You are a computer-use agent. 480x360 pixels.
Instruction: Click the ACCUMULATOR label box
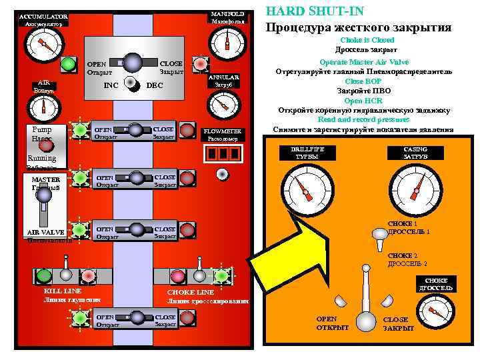pyautogui.click(x=43, y=19)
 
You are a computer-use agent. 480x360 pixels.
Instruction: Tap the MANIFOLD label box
pyautogui.click(x=228, y=17)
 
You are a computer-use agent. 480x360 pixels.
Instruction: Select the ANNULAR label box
pyautogui.click(x=223, y=81)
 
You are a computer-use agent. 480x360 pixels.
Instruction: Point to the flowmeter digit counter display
pyautogui.click(x=223, y=153)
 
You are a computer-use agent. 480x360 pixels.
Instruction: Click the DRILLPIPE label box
pyautogui.click(x=307, y=152)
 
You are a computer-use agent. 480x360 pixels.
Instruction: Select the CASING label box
pyautogui.click(x=415, y=152)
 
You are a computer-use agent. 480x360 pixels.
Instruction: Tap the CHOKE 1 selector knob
pyautogui.click(x=380, y=234)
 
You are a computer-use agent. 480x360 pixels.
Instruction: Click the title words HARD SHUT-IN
pyautogui.click(x=305, y=11)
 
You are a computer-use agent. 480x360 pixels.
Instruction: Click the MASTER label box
pyautogui.click(x=46, y=183)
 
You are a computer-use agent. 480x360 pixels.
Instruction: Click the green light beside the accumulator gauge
pyautogui.click(x=67, y=65)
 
